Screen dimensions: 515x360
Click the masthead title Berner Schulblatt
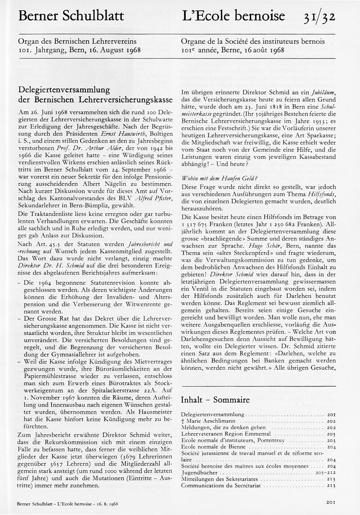click(x=72, y=17)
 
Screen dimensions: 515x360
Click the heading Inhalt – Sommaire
click(x=215, y=399)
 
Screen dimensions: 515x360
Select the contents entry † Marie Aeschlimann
click(x=203, y=421)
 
